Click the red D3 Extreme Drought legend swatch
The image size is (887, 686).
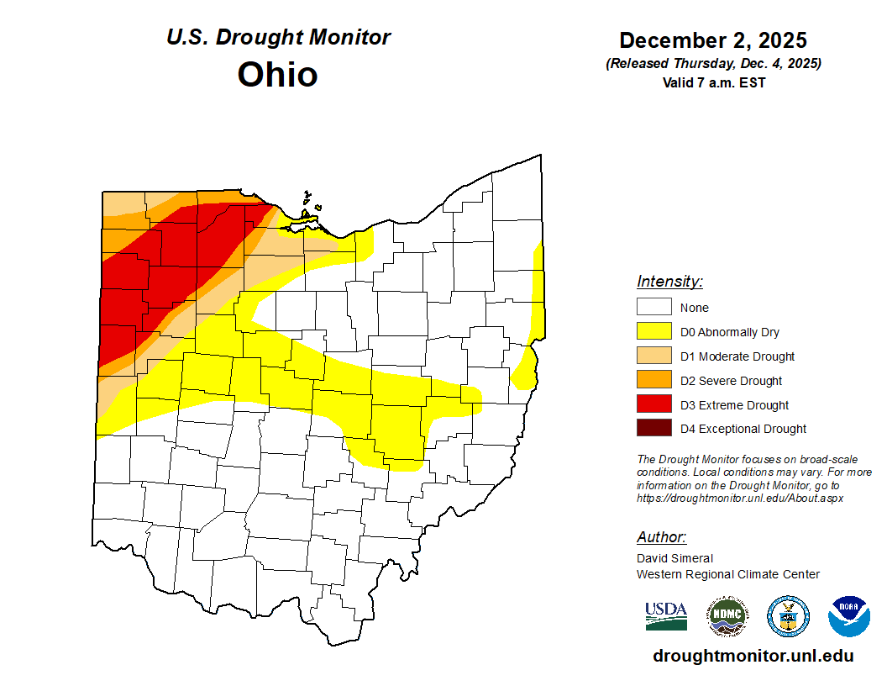[x=653, y=404]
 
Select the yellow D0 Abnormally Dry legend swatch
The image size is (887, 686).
[x=653, y=331]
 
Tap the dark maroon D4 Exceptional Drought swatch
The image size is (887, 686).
[x=653, y=428]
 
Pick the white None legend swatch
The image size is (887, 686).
[x=653, y=307]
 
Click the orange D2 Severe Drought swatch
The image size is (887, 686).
[x=653, y=380]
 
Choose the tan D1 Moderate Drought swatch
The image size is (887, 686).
[x=653, y=356]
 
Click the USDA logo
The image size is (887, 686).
[x=666, y=615]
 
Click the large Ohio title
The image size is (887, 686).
[x=277, y=74]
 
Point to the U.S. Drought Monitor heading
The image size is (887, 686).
[x=278, y=38]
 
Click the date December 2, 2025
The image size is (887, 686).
[x=713, y=40]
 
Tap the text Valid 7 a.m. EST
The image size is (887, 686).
[x=713, y=82]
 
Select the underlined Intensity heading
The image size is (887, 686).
[x=669, y=282]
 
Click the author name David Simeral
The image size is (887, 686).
[x=674, y=558]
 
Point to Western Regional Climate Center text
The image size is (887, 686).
[x=727, y=574]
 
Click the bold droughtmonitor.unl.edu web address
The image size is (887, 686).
[x=753, y=656]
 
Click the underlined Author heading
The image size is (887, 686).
[x=661, y=537]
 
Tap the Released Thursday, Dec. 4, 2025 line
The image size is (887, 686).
[x=713, y=64]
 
